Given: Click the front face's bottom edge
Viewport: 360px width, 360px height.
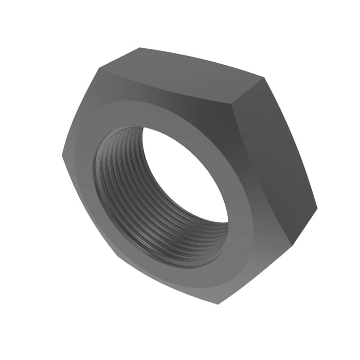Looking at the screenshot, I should (x=170, y=283).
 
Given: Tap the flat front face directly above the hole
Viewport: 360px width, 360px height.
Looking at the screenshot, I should (x=154, y=108).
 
